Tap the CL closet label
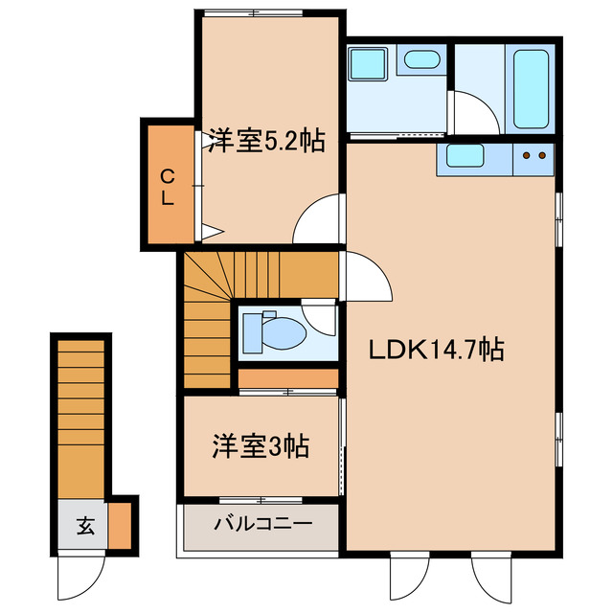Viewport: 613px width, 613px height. (167, 187)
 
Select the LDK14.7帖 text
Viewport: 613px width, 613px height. (437, 350)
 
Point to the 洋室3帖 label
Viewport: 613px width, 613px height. (260, 445)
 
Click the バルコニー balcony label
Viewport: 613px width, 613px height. (261, 524)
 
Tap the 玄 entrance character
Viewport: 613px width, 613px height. (85, 525)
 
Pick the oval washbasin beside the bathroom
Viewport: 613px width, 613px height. (421, 60)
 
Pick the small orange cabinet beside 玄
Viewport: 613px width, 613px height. (119, 525)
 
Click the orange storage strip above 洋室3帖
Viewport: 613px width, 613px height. (286, 380)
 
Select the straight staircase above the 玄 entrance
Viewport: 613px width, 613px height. (80, 417)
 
